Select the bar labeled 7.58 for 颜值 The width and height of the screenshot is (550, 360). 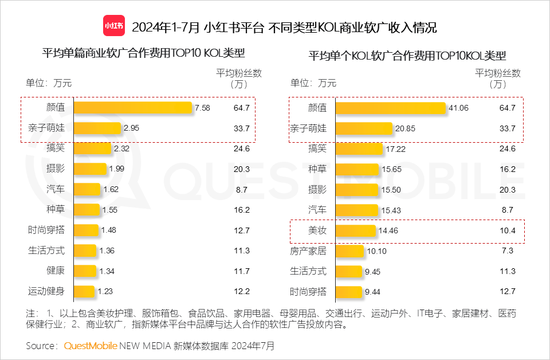pos(133,108)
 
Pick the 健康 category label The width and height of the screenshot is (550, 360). pos(56,271)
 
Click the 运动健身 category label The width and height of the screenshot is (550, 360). pos(46,291)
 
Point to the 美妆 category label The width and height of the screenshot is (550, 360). pos(317,230)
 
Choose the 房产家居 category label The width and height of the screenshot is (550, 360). pos(309,251)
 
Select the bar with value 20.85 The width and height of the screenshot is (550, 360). pos(364,128)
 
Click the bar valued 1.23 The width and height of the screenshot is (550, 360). pos(84,291)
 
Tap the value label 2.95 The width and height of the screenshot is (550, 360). pos(131,128)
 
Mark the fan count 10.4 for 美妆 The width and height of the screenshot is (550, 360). pos(508,230)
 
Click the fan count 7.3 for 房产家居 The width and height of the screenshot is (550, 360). pos(508,251)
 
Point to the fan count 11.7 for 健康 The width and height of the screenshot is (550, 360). pos(242,271)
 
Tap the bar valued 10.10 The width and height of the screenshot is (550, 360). pos(349,251)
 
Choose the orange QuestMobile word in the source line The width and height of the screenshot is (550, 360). pos(91,346)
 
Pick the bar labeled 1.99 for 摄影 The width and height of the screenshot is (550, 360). pos(90,169)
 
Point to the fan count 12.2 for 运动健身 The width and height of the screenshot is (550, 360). pos(242,291)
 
